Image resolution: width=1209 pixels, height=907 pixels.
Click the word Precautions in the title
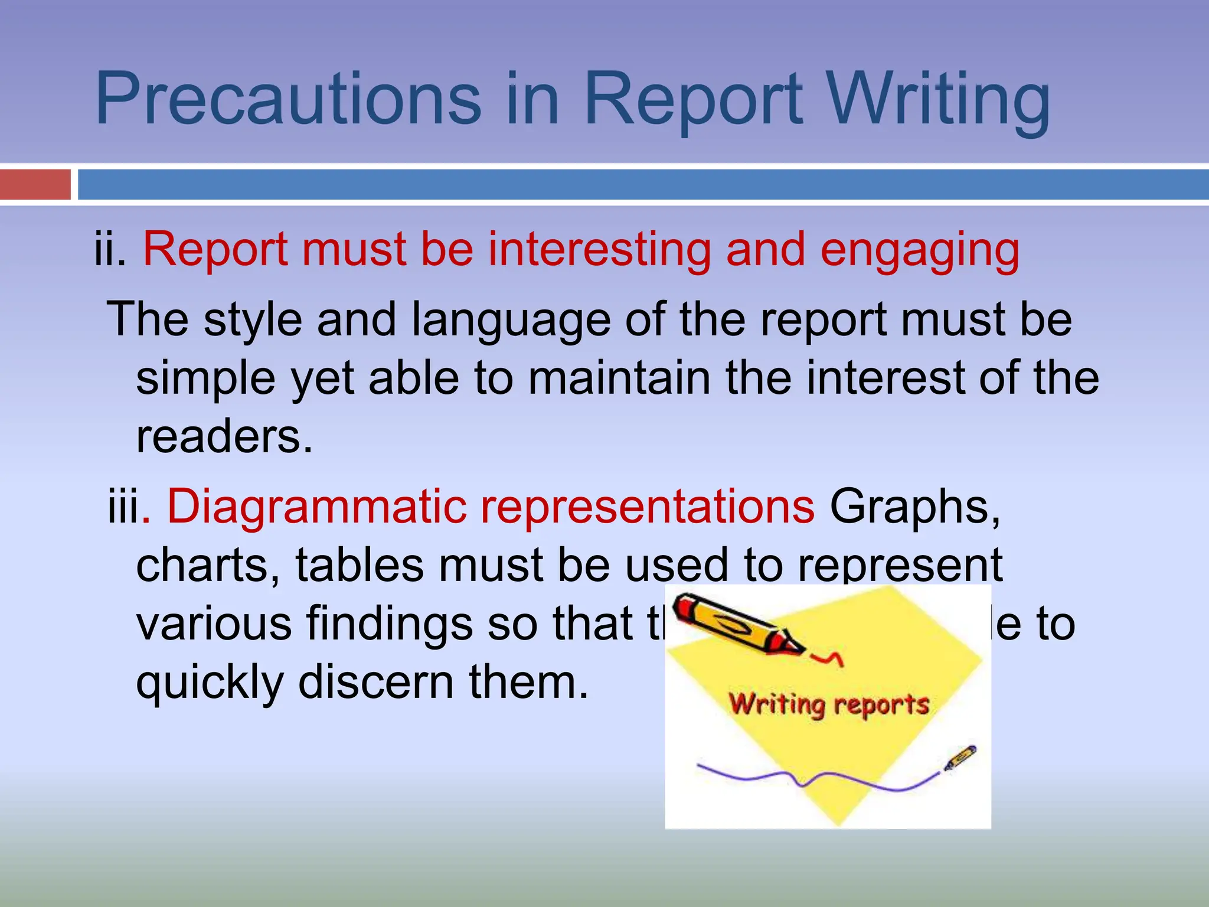tap(288, 99)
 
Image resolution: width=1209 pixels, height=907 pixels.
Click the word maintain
tap(619, 378)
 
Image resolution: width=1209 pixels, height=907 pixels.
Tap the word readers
tap(224, 437)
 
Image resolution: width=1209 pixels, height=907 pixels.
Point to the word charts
tap(208, 566)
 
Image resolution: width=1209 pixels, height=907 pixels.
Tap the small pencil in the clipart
tap(960, 758)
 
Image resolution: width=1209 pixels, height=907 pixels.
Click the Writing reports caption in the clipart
tap(829, 705)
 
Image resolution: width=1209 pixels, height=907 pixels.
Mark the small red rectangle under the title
tap(35, 184)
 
